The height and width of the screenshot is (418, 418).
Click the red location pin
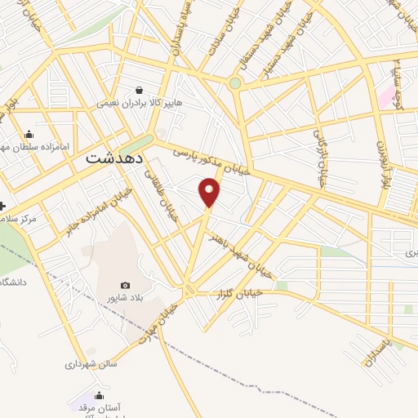tap(210, 192)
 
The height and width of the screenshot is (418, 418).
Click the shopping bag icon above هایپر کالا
tap(140, 90)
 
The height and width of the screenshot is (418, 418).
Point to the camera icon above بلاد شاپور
tap(124, 285)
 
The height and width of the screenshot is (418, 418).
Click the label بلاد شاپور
tap(121, 299)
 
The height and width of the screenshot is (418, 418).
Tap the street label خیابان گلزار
tap(240, 292)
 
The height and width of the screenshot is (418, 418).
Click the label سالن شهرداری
tap(91, 363)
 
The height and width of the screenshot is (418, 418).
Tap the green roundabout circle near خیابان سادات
tap(235, 83)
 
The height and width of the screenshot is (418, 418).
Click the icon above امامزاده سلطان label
tap(29, 135)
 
